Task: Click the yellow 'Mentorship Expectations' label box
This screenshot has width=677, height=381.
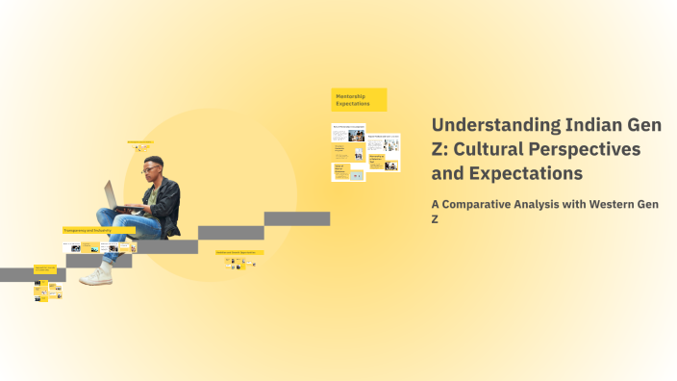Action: [359, 99]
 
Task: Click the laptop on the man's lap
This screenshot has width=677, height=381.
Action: [112, 195]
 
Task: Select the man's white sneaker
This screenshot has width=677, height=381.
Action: [96, 275]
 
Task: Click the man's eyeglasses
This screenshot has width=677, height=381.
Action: [151, 169]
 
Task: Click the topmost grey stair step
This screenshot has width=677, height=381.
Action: [297, 218]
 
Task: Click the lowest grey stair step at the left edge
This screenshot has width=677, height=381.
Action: [19, 274]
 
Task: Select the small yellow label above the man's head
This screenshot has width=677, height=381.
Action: [140, 141]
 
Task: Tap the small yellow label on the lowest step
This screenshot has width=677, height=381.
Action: [45, 268]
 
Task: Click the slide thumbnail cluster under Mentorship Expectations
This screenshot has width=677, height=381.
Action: [364, 150]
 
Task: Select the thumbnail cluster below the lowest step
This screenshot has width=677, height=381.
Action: [47, 291]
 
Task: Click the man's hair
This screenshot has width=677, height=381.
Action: [154, 160]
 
